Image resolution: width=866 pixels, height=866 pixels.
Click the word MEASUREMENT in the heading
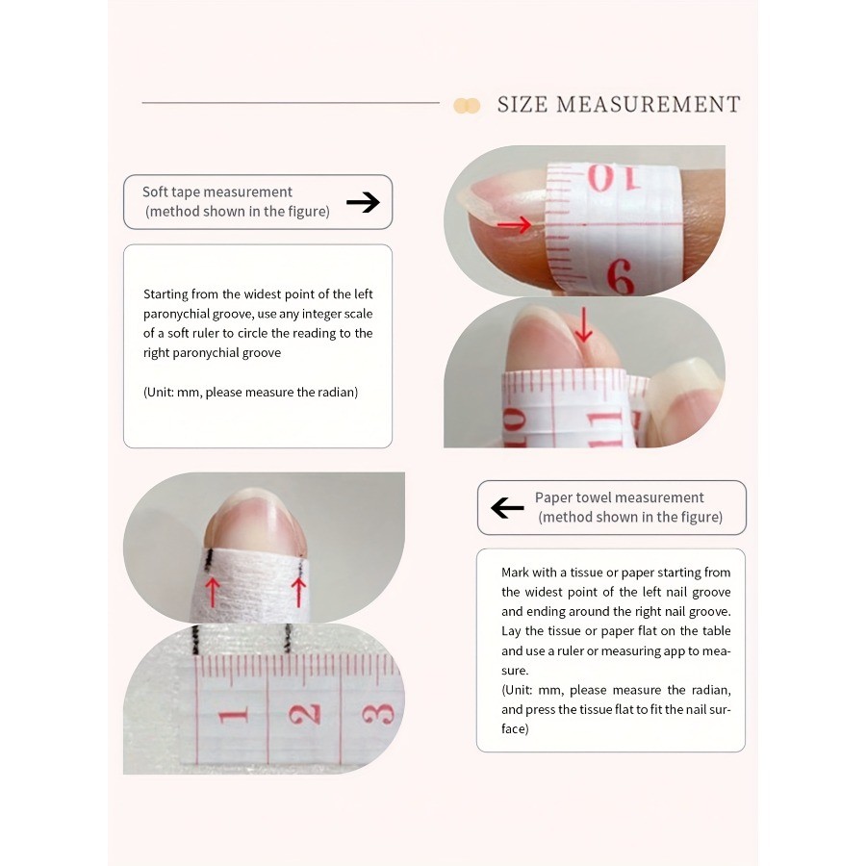[649, 104]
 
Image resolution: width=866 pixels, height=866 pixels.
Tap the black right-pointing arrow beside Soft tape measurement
[363, 202]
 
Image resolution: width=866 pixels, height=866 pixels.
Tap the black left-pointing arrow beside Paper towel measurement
[507, 507]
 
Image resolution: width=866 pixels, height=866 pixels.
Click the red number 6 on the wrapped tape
[621, 276]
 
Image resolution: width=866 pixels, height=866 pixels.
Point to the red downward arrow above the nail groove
[583, 325]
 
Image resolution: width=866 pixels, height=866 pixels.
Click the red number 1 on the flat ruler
[233, 716]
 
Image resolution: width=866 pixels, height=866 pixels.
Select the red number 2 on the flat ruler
[305, 714]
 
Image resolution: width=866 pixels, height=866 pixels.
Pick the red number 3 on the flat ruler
[378, 714]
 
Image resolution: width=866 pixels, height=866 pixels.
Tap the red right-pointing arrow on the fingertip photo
[514, 224]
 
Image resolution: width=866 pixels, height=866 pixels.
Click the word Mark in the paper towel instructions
[514, 573]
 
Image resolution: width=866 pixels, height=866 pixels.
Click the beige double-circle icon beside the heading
[467, 105]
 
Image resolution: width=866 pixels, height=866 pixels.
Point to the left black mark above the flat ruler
[195, 640]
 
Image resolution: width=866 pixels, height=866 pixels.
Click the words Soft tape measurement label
[217, 191]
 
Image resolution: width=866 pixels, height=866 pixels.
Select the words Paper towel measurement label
[619, 497]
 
